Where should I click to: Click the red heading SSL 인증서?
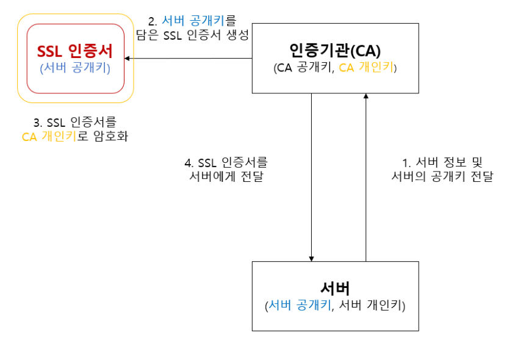(75, 49)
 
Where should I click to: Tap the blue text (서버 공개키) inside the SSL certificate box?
(75, 68)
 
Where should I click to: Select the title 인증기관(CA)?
(335, 49)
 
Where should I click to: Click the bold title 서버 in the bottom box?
(335, 287)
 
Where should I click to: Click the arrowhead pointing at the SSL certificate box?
(127, 59)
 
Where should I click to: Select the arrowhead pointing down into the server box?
(312, 257)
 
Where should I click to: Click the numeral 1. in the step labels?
(405, 163)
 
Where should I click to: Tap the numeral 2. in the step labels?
(153, 20)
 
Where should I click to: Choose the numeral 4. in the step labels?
(189, 163)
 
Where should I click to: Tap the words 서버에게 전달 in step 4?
(226, 178)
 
